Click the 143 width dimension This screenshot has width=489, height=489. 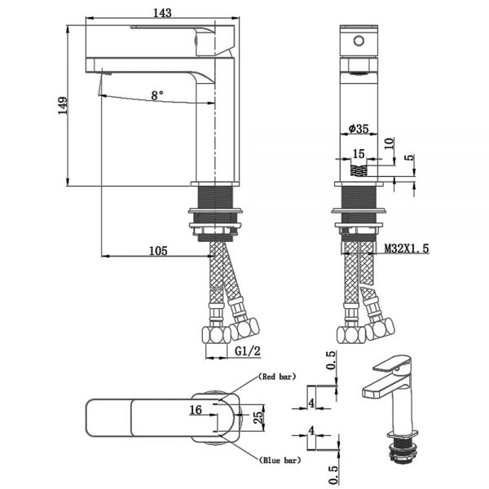[162, 13]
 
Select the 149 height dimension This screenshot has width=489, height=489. [63, 106]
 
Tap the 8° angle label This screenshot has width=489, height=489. [157, 95]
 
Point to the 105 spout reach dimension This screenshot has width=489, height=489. [158, 251]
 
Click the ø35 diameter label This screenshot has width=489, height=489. [359, 128]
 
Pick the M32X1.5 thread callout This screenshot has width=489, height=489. [407, 249]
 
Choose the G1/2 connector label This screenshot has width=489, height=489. [247, 351]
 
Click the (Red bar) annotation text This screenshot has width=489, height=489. [277, 377]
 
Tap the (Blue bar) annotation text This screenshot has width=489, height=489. [280, 460]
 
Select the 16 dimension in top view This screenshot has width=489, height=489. [196, 410]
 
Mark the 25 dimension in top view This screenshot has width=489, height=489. [258, 417]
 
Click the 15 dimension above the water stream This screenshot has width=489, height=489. [359, 154]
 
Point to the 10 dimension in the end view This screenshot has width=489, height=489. [389, 143]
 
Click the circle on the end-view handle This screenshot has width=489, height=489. [359, 41]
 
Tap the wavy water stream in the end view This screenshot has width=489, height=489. [359, 170]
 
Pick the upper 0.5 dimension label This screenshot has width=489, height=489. [332, 360]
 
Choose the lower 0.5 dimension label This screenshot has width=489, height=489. [333, 475]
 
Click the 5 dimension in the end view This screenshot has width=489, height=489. [412, 156]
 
